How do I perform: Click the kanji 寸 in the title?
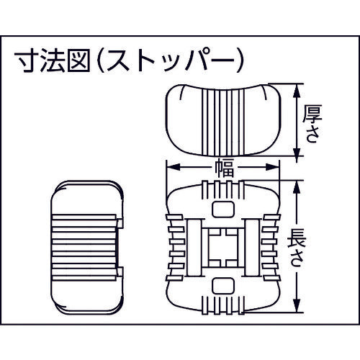27,60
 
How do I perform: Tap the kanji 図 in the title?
78,60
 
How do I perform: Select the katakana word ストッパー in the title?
171,61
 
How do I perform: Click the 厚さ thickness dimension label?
312,124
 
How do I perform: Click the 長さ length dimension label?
297,248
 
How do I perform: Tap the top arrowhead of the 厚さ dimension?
297,90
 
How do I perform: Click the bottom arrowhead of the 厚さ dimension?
297,150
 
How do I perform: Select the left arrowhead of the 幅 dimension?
174,167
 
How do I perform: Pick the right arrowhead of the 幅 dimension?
273,167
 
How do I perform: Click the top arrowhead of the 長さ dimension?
297,187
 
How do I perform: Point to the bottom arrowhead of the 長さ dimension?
297,306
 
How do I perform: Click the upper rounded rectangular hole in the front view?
223,210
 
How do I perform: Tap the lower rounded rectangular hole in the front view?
223,286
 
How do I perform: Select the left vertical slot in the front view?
194,248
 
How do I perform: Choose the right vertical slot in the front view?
252,248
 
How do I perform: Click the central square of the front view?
223,248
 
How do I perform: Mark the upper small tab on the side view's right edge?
120,223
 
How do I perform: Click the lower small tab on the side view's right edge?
120,271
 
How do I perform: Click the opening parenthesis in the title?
101,61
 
